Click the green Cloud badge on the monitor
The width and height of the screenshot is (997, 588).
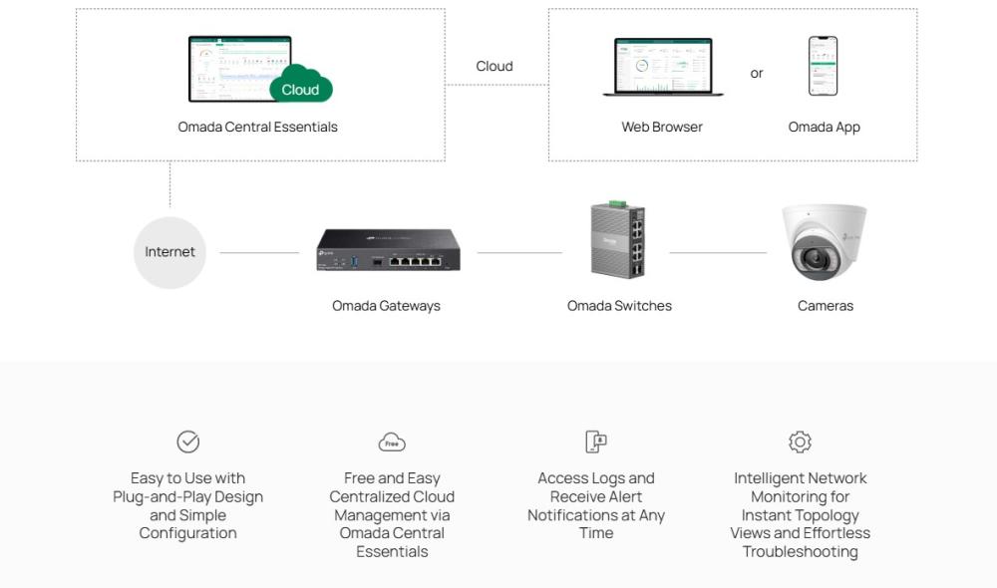[300, 89]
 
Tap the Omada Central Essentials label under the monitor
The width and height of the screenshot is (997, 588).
[257, 127]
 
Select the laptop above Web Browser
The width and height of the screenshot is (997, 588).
[663, 68]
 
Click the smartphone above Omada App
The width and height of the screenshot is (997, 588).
[823, 67]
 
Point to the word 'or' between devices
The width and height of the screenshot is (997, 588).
[757, 73]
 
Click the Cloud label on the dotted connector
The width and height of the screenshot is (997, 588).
[494, 66]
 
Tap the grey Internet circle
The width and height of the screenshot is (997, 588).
[169, 252]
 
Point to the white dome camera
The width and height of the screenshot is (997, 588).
[824, 241]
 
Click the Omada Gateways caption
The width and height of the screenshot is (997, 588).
[386, 306]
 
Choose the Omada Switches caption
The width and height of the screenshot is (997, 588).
[619, 306]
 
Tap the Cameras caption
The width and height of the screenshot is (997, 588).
[826, 306]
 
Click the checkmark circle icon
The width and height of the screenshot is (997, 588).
[187, 441]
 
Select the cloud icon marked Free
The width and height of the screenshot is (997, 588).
[392, 442]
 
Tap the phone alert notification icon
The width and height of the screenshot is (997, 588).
[596, 441]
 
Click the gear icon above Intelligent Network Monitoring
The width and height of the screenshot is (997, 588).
[800, 441]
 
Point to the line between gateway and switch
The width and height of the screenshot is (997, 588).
[519, 252]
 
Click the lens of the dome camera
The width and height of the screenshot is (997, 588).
[811, 260]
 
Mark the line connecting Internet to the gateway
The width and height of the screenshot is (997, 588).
[259, 252]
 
